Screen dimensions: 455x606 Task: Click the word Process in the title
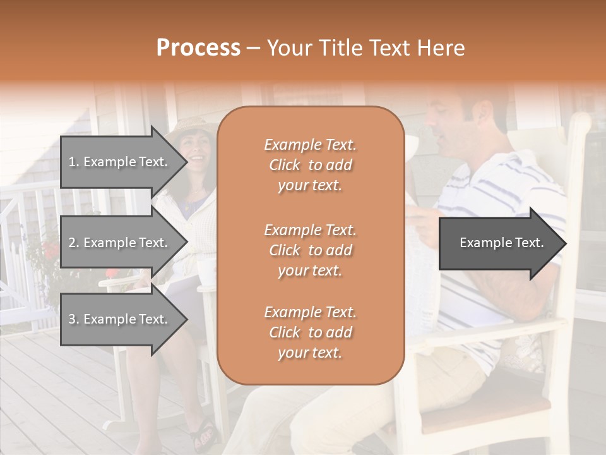click(198, 47)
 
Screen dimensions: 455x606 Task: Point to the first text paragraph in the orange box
click(310, 165)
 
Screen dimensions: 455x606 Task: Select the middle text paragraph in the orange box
click(310, 250)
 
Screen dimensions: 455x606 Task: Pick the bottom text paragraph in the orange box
click(310, 332)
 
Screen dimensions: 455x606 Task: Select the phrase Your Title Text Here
click(365, 47)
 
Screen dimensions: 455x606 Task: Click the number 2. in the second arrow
click(74, 242)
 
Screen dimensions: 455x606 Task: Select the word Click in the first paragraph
click(285, 165)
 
